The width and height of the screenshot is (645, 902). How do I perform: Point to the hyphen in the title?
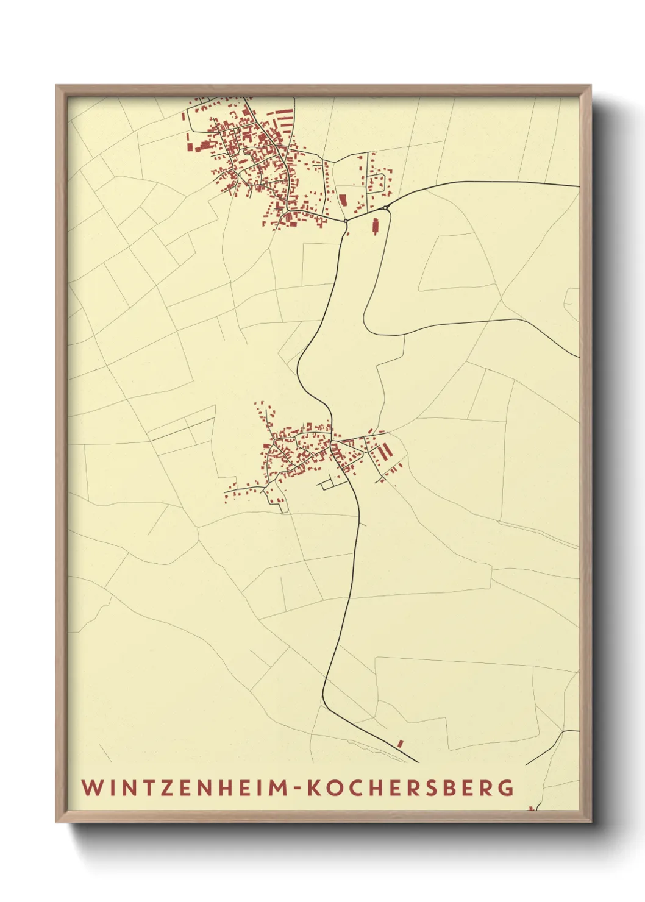pyautogui.click(x=297, y=789)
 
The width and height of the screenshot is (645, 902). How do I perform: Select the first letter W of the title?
pyautogui.click(x=90, y=787)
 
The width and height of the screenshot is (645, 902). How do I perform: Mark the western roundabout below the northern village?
pyautogui.click(x=346, y=221)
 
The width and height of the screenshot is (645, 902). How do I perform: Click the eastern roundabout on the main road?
pyautogui.click(x=385, y=208)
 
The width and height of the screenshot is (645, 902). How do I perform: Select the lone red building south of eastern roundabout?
pyautogui.click(x=375, y=226)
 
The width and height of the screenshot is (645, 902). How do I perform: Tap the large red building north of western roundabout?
pyautogui.click(x=342, y=199)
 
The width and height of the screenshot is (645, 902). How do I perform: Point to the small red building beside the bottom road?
pyautogui.click(x=400, y=744)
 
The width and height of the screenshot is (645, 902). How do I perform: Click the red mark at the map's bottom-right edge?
pyautogui.click(x=531, y=808)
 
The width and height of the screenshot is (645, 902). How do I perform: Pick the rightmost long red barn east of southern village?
pyautogui.click(x=387, y=452)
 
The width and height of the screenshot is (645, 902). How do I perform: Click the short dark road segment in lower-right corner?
pyautogui.click(x=552, y=745)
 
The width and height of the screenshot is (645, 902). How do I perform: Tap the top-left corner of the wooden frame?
pyautogui.click(x=57, y=86)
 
